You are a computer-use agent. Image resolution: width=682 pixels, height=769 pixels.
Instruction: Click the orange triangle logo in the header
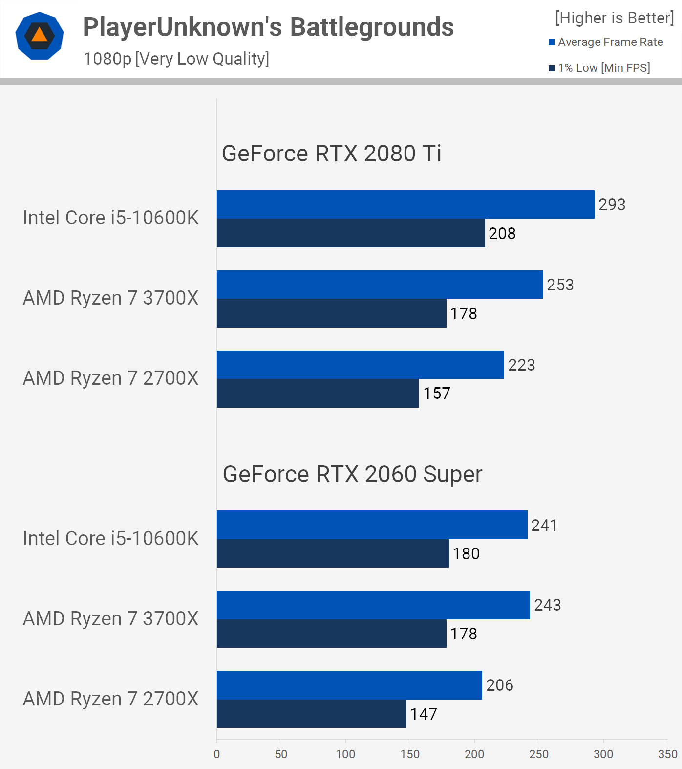tap(40, 36)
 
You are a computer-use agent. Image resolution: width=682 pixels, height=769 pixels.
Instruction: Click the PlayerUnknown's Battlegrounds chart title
tap(268, 27)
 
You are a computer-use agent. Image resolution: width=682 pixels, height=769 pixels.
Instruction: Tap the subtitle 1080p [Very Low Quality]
tap(176, 59)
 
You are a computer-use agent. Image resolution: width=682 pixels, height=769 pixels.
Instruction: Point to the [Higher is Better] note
tap(614, 18)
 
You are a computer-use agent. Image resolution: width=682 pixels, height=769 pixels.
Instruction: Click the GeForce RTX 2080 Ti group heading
tap(331, 154)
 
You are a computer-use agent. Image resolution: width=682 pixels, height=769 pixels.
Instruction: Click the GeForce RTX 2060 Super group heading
tap(352, 474)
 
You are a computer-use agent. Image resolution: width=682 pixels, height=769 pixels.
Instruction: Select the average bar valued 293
tap(405, 204)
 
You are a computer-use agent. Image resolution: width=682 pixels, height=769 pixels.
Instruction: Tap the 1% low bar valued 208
tap(351, 233)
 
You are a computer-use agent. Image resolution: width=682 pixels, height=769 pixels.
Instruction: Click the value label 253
tap(560, 285)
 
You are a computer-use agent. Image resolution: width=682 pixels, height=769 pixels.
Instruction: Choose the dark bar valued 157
tap(318, 393)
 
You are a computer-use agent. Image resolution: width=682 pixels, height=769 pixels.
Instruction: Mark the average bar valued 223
tap(360, 365)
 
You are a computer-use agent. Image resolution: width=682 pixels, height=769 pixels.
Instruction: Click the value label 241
tap(544, 525)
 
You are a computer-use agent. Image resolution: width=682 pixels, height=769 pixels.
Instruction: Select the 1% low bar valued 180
tap(333, 553)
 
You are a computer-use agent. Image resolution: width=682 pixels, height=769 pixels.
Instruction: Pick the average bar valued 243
tap(373, 605)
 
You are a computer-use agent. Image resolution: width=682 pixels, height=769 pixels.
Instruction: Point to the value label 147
tap(424, 714)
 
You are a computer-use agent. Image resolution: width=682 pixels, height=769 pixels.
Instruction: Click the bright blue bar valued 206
tap(349, 685)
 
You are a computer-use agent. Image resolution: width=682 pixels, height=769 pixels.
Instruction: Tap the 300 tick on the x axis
tap(603, 754)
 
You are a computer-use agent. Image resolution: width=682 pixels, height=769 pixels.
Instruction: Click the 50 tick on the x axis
tap(281, 754)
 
